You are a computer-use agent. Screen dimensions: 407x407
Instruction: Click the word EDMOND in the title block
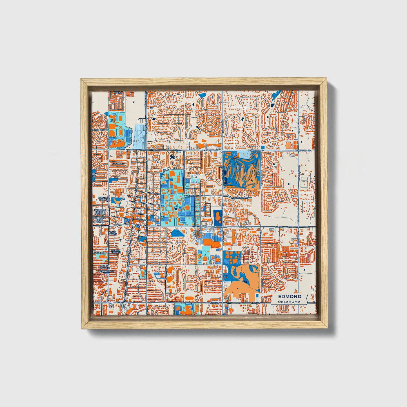(290, 297)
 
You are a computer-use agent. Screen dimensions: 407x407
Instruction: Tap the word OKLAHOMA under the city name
(289, 302)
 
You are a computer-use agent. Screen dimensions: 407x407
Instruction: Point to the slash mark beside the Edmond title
(306, 299)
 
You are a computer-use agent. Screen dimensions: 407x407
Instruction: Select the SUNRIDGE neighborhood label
(118, 163)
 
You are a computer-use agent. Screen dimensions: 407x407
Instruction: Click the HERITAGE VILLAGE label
(103, 199)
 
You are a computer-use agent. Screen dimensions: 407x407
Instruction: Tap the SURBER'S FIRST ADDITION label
(99, 220)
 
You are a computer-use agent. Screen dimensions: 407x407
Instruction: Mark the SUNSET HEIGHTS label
(116, 251)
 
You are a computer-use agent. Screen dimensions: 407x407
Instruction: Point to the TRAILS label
(118, 92)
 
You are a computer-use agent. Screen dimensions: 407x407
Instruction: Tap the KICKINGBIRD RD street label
(240, 198)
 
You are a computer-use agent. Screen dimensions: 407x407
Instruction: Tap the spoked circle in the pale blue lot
(140, 139)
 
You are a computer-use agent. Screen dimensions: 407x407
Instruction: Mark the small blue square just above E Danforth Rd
(263, 147)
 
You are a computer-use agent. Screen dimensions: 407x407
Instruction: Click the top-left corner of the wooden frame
(81, 79)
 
